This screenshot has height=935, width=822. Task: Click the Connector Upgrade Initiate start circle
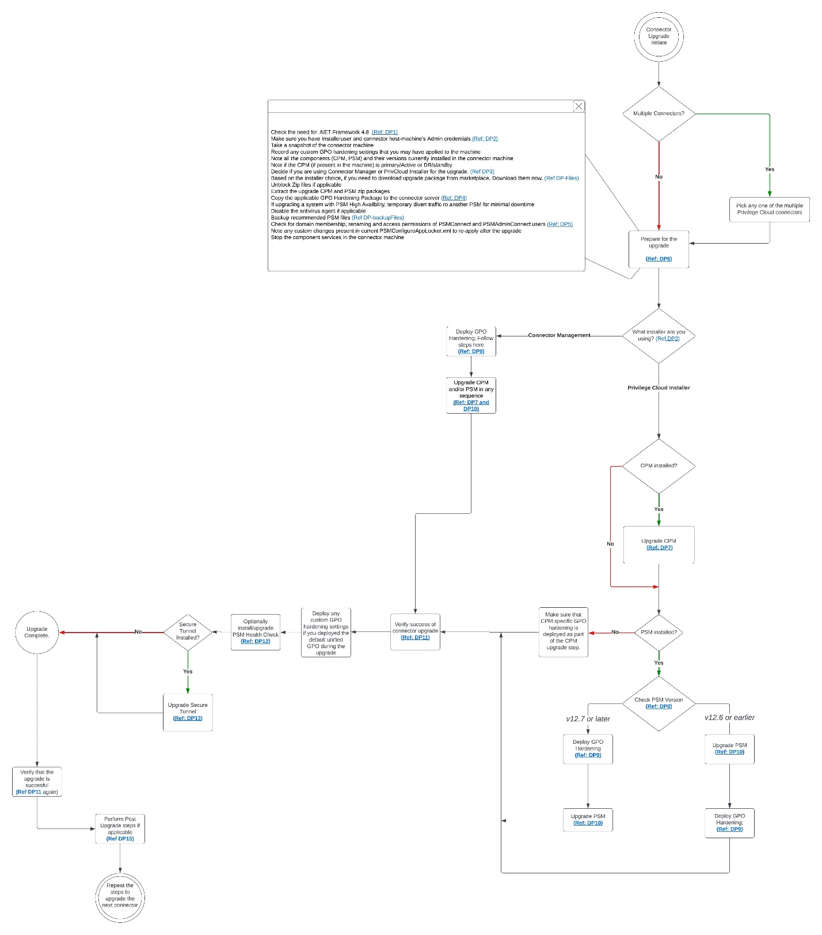[659, 36]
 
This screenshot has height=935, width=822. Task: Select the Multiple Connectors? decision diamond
[659, 113]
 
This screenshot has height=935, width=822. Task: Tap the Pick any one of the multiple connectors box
[769, 209]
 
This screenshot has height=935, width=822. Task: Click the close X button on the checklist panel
[579, 107]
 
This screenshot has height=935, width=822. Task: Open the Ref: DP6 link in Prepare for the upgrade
[659, 259]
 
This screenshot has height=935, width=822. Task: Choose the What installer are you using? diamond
[659, 336]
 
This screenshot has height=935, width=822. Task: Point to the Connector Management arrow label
[559, 335]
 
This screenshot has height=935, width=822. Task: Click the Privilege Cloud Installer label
[659, 388]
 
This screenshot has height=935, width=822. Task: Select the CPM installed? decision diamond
[659, 465]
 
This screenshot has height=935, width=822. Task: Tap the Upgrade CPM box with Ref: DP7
[659, 544]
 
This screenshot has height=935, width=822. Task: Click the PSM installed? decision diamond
[659, 632]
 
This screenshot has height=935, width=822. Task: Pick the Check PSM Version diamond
[659, 703]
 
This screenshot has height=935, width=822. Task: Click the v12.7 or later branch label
[588, 719]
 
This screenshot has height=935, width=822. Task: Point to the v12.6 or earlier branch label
[729, 718]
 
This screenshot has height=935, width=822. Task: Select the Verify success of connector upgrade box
[415, 631]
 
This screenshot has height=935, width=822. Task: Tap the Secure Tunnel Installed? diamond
[188, 631]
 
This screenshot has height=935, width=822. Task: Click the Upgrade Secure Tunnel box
[188, 712]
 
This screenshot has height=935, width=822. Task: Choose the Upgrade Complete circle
[37, 632]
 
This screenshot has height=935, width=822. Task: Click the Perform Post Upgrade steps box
[120, 828]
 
